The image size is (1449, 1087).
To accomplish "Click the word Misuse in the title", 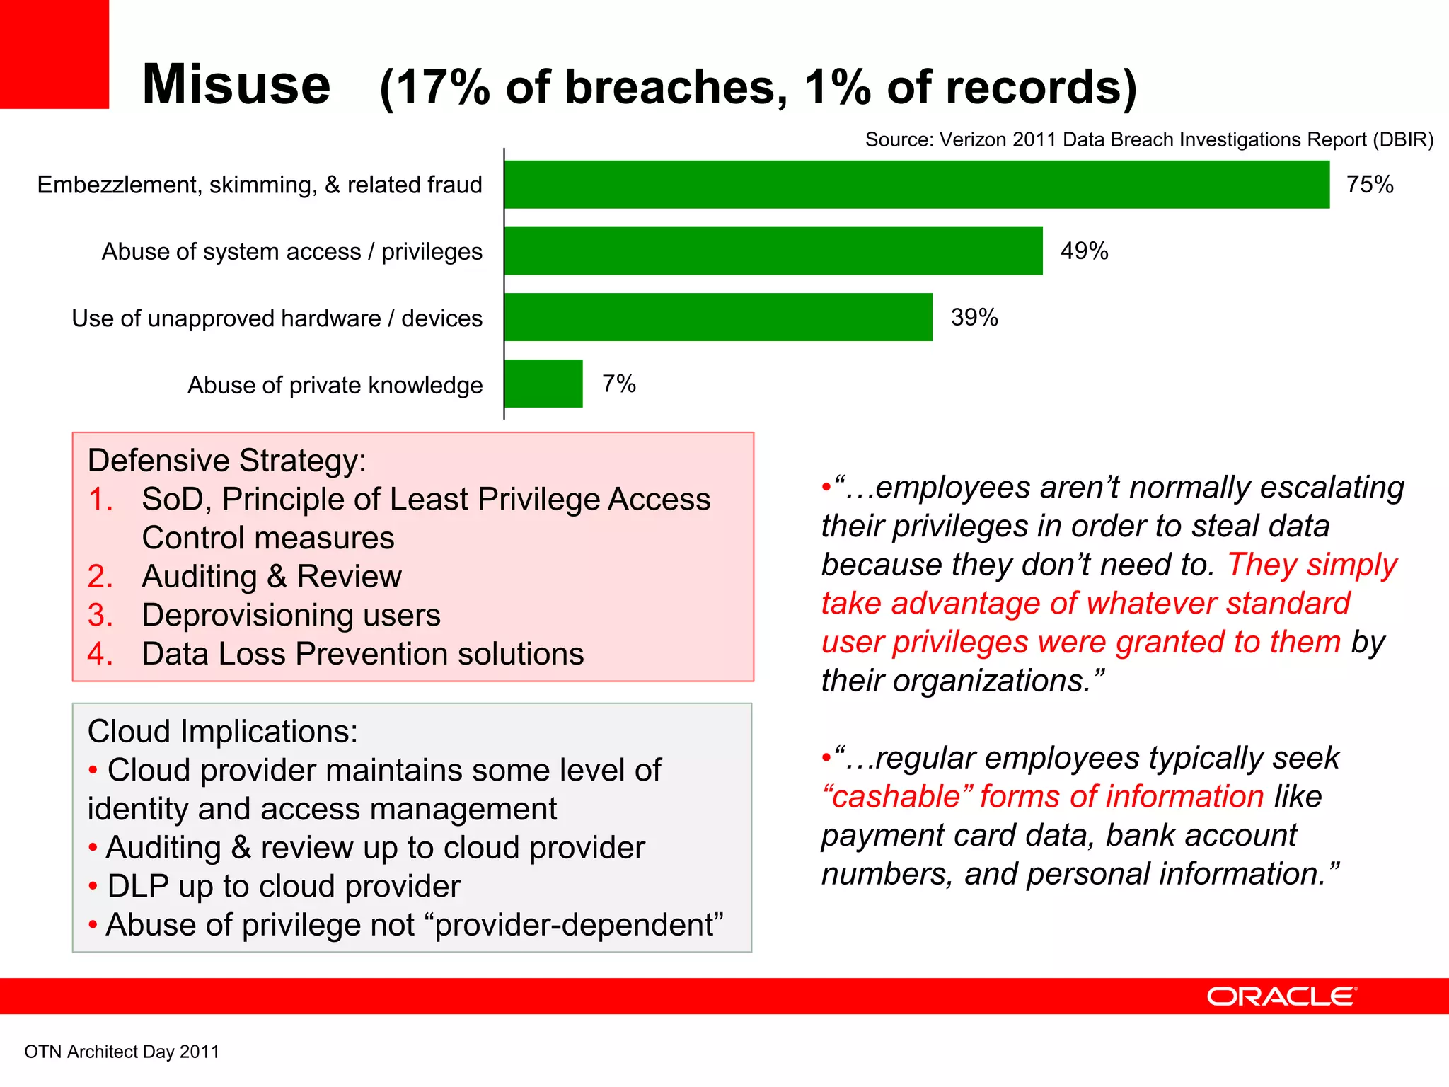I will click(x=236, y=84).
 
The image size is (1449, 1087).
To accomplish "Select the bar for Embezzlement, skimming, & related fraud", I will click(x=916, y=185).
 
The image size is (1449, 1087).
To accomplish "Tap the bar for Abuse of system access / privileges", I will click(x=773, y=251).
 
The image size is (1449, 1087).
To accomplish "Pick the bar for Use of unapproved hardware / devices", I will click(x=717, y=317).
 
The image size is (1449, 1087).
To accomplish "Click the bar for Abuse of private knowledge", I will click(x=543, y=384).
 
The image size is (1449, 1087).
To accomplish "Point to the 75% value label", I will click(x=1370, y=185).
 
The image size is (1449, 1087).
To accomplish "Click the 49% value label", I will click(x=1084, y=251).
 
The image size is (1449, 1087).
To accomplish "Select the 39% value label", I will click(x=974, y=318).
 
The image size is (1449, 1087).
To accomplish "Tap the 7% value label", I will click(x=619, y=384).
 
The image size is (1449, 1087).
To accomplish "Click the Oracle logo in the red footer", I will click(x=1281, y=996).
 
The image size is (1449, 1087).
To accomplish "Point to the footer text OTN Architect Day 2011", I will click(x=122, y=1052).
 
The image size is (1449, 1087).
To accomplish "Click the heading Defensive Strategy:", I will click(x=226, y=461).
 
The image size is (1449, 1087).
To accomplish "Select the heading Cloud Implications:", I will click(x=222, y=732).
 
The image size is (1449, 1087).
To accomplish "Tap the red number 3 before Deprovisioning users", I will click(x=100, y=616).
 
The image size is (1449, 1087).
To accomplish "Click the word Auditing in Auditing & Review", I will click(x=199, y=577).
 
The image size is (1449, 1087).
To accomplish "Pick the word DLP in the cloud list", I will click(x=137, y=887).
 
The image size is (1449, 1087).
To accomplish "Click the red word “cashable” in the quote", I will click(x=897, y=797).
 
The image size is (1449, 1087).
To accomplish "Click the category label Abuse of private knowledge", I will click(x=335, y=385).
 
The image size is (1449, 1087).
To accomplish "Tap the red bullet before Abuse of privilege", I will click(x=93, y=926).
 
